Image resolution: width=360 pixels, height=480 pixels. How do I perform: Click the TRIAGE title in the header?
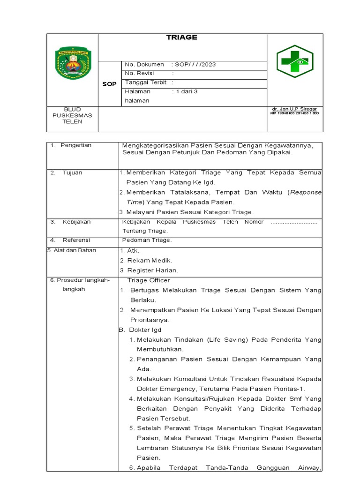click(x=182, y=38)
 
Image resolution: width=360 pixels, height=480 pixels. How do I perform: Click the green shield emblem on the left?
click(x=73, y=62)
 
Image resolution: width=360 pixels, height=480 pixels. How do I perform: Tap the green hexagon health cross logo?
click(x=295, y=61)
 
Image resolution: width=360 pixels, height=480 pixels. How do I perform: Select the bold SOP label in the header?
click(x=109, y=84)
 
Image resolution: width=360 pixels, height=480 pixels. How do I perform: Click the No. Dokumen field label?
click(x=144, y=65)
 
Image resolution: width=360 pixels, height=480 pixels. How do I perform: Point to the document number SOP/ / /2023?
click(x=194, y=65)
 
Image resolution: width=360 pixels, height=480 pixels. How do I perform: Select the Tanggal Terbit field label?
click(x=145, y=82)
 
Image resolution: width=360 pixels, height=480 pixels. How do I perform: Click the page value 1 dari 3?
click(x=185, y=92)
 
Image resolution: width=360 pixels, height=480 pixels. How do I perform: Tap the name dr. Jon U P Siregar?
click(x=294, y=109)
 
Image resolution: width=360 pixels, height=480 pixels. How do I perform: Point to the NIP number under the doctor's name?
click(x=294, y=113)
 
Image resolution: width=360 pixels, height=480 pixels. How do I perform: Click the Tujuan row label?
click(x=72, y=172)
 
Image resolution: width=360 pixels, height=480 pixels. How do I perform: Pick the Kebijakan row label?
click(x=76, y=222)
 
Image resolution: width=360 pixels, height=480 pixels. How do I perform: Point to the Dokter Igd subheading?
click(x=145, y=330)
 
